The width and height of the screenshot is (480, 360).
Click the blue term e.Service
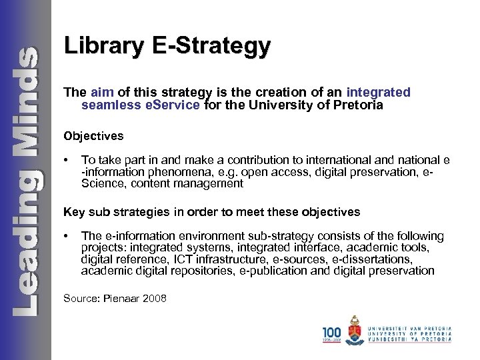tap(167, 105)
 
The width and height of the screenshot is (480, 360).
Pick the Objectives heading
tap(93, 136)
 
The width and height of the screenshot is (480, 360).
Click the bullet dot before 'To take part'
tap(66, 161)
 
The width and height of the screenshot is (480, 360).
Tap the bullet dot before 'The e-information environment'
tap(66, 236)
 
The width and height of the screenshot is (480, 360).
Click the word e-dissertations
tap(370, 259)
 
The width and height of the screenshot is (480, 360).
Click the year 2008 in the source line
tap(155, 298)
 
